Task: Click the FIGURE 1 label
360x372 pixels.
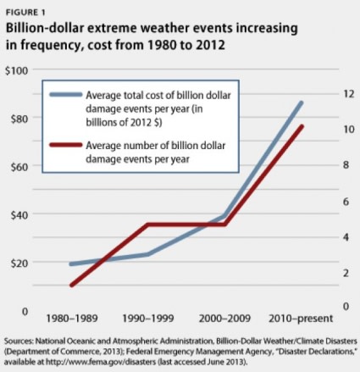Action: pyautogui.click(x=27, y=9)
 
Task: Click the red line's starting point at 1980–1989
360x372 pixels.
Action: pyautogui.click(x=71, y=285)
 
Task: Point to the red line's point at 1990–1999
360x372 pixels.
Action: pyautogui.click(x=148, y=225)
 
